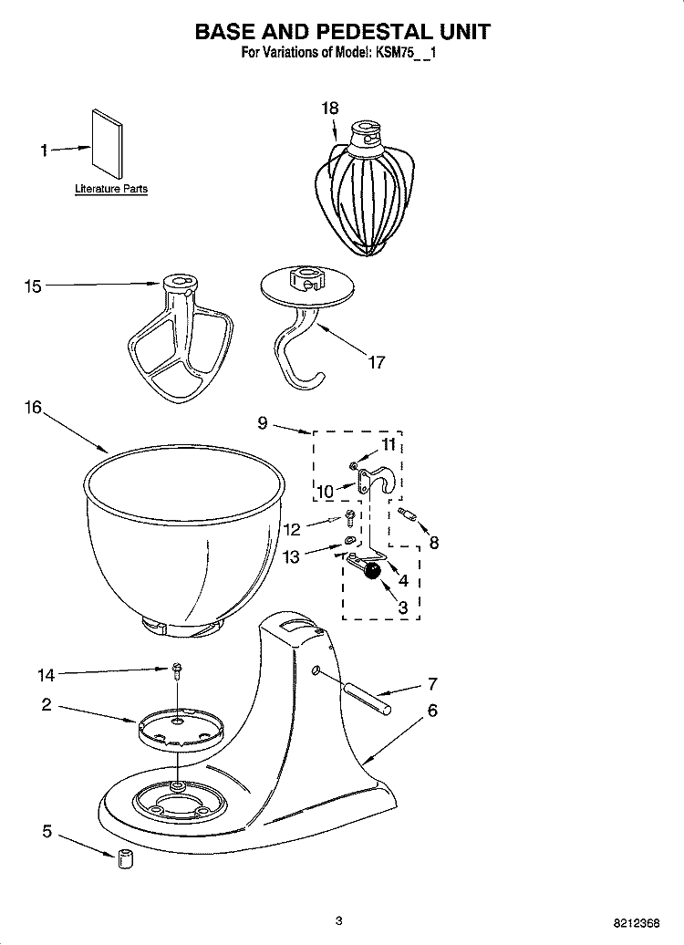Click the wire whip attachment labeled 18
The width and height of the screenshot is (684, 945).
[x=366, y=191]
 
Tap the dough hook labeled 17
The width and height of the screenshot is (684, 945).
[x=300, y=328]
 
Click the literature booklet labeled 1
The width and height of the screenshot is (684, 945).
[x=106, y=146]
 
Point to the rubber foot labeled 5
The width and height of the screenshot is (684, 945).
[x=125, y=858]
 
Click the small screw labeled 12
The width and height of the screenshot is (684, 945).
[x=350, y=521]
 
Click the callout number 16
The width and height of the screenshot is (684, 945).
[x=33, y=408]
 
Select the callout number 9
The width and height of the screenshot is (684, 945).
[x=263, y=421]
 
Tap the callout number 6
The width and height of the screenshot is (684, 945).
[x=432, y=710]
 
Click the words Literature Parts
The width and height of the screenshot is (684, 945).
[x=110, y=189]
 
